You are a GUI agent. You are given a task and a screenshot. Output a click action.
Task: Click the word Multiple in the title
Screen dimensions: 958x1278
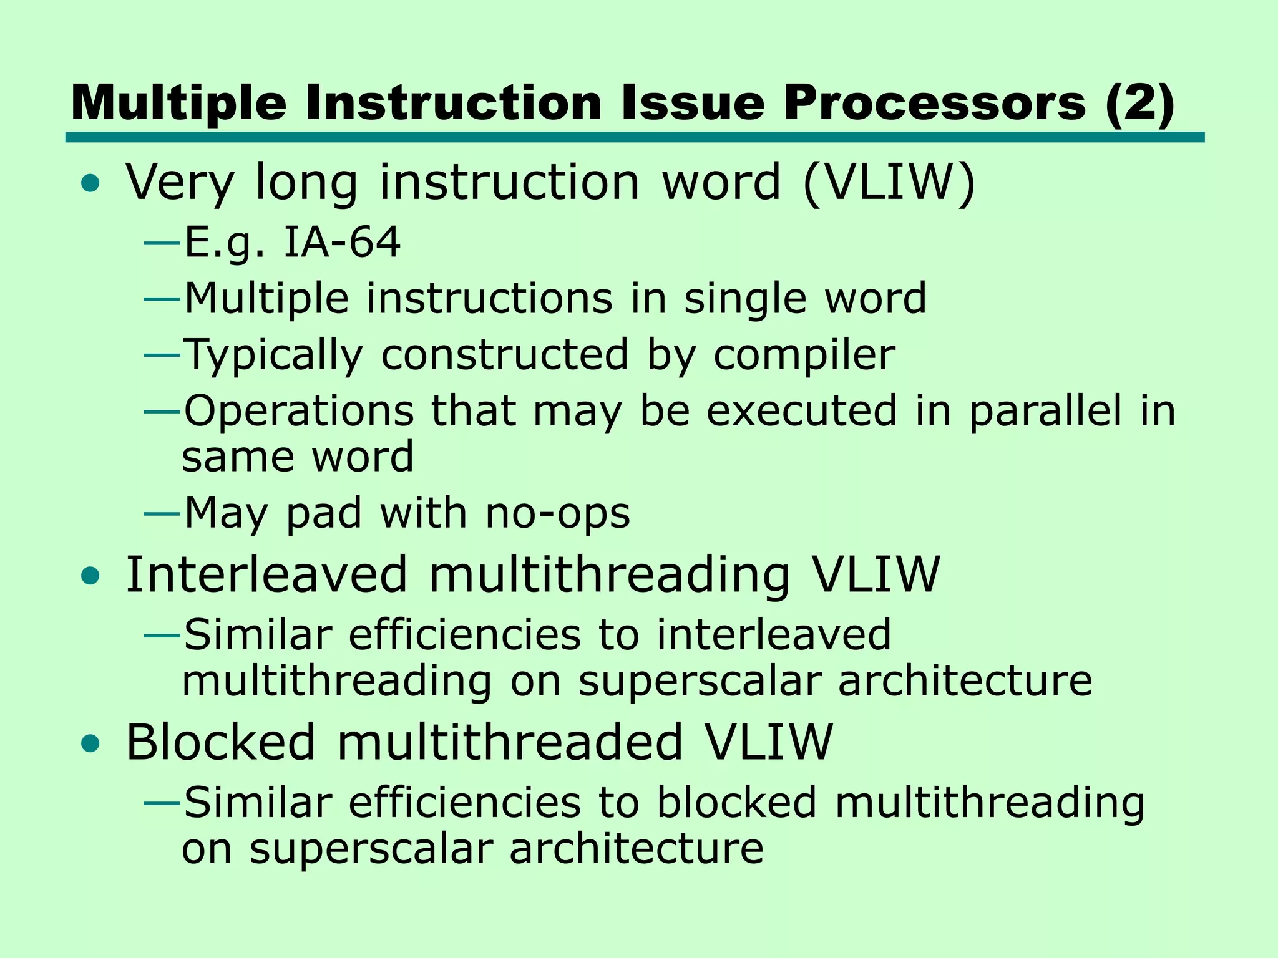[x=178, y=104]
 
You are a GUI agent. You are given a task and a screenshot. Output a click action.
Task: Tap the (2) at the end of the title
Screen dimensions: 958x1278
[x=1139, y=104]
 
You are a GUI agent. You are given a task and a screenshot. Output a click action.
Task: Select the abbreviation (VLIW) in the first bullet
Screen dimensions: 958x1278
[x=889, y=182]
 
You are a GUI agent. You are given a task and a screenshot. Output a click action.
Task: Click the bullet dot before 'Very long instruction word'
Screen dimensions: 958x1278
[x=90, y=183]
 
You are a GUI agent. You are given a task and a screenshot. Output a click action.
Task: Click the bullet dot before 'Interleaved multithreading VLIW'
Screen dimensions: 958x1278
[x=90, y=576]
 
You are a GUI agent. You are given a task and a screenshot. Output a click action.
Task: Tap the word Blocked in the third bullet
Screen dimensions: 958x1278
[x=220, y=742]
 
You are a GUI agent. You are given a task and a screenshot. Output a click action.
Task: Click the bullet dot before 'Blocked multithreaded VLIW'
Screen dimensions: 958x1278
[x=90, y=744]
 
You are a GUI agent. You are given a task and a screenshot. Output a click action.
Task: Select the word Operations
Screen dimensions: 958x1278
[x=299, y=412]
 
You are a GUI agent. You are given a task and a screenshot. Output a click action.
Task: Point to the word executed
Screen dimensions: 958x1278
[x=801, y=412]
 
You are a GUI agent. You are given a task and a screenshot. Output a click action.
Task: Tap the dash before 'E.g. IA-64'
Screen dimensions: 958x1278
[x=162, y=243]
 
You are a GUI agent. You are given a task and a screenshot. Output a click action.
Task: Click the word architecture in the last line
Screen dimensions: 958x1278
[x=637, y=849]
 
